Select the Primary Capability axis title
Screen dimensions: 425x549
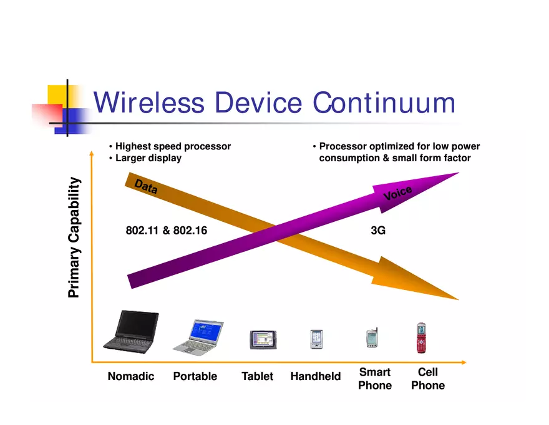(74, 237)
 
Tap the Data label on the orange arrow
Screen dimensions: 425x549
(146, 187)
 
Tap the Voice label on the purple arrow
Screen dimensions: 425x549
(397, 194)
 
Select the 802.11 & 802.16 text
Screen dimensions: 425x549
(167, 231)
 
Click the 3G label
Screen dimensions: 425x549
(378, 231)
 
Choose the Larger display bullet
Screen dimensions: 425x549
(148, 158)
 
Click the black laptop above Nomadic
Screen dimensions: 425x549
(131, 331)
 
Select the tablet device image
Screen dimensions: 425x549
(263, 339)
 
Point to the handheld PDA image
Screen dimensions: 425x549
(316, 339)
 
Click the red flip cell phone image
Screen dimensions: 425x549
(422, 337)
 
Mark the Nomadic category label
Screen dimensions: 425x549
(131, 376)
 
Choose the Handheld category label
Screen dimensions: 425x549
(316, 376)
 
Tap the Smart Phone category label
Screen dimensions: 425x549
(375, 379)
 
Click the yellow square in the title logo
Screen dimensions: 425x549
(57, 94)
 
